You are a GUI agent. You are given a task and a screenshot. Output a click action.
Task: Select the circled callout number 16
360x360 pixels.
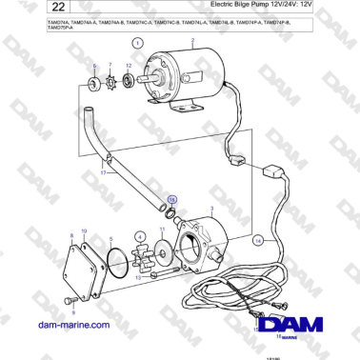(x=172, y=201)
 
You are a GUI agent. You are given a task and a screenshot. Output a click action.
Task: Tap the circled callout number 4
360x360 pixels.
(x=140, y=236)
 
